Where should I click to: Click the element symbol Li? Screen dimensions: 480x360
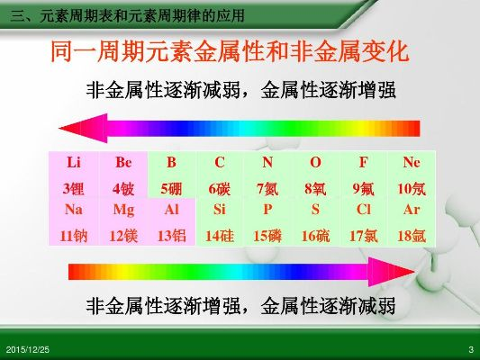point(74,162)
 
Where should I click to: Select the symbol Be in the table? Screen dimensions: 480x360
point(123,162)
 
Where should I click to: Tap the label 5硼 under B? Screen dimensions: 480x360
point(171,189)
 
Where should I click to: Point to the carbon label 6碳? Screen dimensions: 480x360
point(219,189)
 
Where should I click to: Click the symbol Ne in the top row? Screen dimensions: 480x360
point(412,162)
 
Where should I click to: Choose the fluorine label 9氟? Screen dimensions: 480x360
point(363,189)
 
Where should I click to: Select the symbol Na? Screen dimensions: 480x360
point(74,210)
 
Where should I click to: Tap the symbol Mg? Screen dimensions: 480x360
point(123,210)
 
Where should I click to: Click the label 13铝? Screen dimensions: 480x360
point(171,236)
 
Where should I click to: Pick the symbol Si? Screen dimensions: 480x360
point(219,210)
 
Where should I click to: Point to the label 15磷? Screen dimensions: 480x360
point(267,236)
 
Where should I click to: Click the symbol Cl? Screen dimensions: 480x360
point(363,210)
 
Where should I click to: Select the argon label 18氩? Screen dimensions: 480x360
point(412,236)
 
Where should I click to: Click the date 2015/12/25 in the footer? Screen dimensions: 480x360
point(28,349)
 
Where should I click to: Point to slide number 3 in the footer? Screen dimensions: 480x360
point(471,349)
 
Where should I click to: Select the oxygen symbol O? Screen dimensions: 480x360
point(315,162)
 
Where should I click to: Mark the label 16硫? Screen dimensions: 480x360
point(315,236)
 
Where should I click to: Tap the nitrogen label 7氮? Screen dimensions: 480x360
point(267,189)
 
